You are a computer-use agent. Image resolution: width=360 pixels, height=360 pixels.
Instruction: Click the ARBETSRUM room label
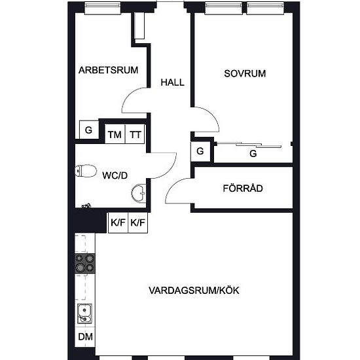pos(108,70)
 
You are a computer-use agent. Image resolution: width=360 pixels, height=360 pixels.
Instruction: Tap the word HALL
pos(172,82)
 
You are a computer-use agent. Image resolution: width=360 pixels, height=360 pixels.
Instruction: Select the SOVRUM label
pos(245,74)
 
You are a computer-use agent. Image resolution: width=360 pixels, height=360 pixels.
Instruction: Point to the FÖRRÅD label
pos(243,189)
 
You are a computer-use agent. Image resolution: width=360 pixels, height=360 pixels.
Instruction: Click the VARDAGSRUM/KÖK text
pos(194,291)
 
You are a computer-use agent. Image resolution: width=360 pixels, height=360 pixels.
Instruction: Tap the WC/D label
pos(115,175)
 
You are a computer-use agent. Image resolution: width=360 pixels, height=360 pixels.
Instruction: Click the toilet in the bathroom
pos(86,171)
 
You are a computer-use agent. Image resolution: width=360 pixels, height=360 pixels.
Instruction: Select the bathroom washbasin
pos(139,193)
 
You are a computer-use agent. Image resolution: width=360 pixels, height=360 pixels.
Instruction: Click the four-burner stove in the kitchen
pos(85,263)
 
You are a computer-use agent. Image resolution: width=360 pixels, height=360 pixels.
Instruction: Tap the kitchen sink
pos(84,314)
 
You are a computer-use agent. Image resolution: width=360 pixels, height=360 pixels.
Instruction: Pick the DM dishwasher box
pos(85,337)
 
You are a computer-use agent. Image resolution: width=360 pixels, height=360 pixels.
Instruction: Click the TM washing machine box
pos(115,134)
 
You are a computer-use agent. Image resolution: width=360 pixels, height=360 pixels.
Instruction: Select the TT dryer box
pos(135,134)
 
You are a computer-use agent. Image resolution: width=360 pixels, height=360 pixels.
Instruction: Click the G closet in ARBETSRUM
pos(89,130)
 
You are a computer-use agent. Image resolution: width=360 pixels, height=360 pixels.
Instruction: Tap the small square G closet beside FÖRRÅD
pos(200,151)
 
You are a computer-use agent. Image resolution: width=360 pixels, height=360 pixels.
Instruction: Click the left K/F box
pos(118,223)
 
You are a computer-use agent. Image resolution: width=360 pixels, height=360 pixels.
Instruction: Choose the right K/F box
pos(137,223)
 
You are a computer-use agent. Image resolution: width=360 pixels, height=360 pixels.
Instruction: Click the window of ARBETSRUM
pos(103,9)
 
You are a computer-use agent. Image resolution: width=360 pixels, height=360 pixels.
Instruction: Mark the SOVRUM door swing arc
pos(212,115)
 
